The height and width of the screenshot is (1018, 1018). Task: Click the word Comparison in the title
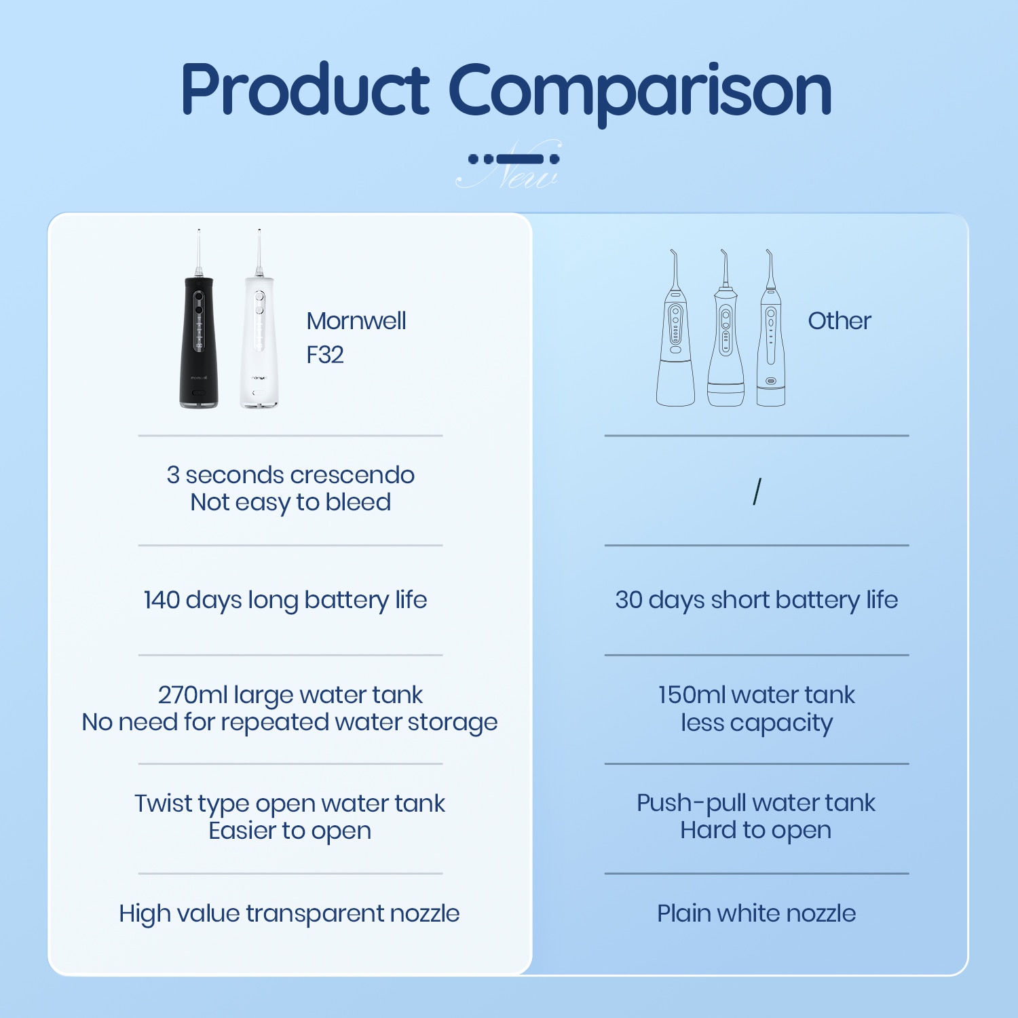click(639, 90)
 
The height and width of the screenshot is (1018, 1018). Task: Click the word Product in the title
click(305, 90)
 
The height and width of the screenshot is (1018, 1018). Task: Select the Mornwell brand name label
click(356, 321)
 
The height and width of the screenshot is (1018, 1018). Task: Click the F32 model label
click(325, 355)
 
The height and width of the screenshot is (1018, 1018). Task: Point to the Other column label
click(839, 321)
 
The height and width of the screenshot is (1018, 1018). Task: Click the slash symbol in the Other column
click(757, 491)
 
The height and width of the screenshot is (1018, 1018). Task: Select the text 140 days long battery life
click(285, 600)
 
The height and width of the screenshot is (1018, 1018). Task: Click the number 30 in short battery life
click(628, 600)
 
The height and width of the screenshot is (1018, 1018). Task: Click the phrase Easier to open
click(290, 831)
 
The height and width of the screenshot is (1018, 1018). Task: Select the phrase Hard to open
click(755, 830)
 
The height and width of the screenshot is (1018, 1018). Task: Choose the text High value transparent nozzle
click(289, 913)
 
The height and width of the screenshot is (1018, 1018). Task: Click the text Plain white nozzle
click(756, 913)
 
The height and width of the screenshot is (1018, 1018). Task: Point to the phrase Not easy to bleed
click(290, 502)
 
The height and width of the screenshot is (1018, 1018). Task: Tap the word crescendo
click(352, 475)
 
